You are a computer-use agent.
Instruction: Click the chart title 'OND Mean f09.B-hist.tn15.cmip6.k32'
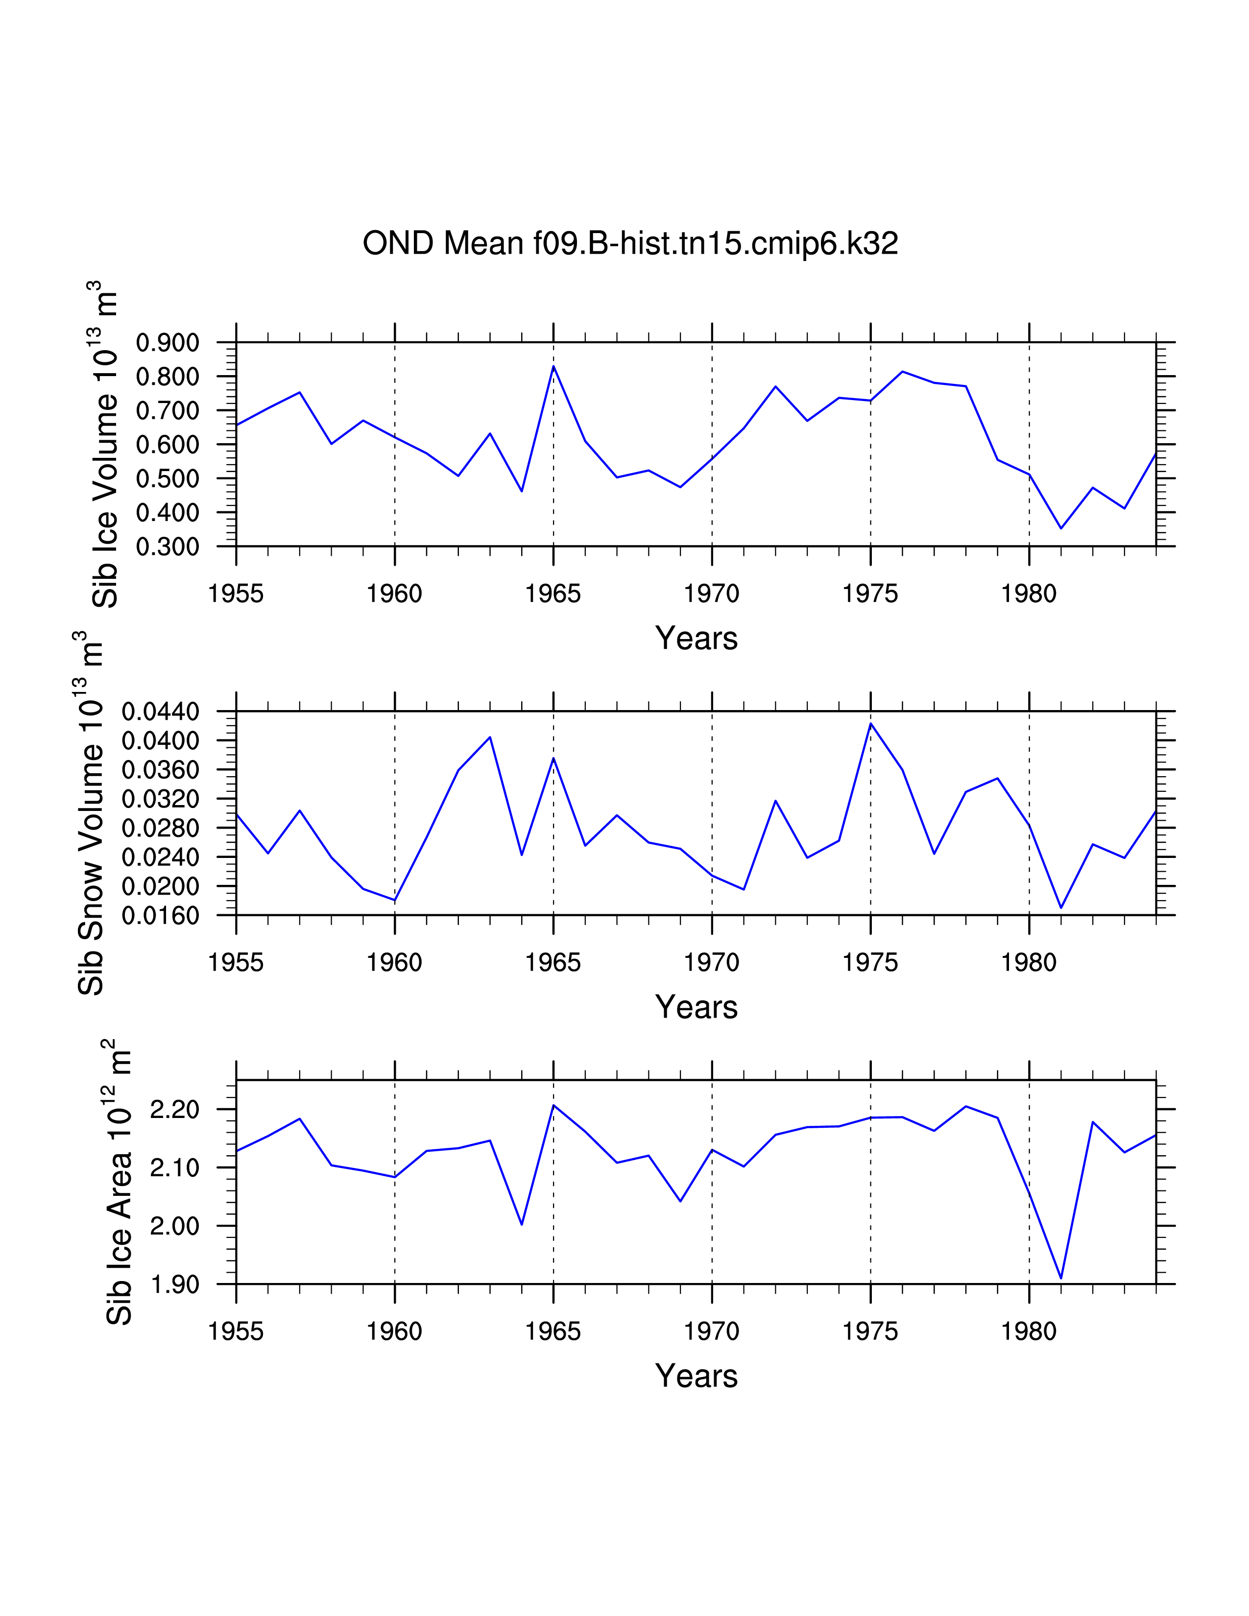(630, 243)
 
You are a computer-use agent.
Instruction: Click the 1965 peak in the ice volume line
(553, 366)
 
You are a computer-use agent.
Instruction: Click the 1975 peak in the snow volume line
(871, 724)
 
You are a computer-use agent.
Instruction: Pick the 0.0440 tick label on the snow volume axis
(161, 712)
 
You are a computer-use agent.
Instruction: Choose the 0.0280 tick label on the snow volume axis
(161, 828)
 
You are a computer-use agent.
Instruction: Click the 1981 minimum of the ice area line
(1061, 1278)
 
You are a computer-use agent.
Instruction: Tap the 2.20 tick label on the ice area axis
(175, 1110)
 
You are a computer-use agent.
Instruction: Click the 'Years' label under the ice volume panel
(697, 638)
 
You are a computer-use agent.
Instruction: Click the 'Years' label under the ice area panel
(697, 1376)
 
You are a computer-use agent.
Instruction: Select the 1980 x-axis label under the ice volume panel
(1029, 594)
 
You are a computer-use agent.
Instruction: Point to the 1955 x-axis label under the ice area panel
(236, 1331)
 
